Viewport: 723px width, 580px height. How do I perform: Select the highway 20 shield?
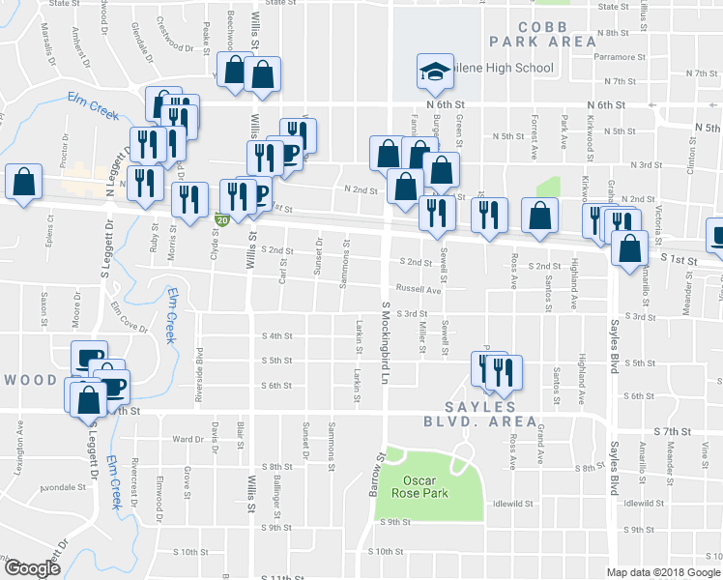tap(221, 221)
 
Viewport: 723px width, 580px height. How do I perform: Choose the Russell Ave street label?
tap(417, 290)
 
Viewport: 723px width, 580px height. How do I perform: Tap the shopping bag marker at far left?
tap(24, 181)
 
